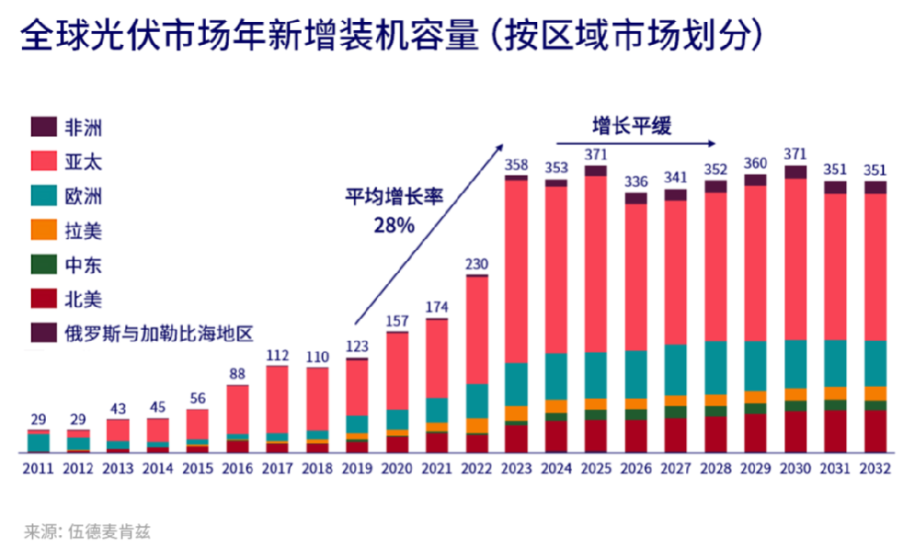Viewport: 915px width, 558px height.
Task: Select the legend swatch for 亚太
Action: click(44, 161)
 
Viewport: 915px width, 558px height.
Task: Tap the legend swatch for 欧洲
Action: click(44, 196)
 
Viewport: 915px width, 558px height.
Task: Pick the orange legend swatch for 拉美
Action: click(44, 231)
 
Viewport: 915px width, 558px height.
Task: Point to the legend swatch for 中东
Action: click(44, 265)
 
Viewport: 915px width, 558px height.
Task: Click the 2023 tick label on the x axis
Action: click(516, 469)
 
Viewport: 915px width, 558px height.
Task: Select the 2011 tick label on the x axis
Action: click(38, 469)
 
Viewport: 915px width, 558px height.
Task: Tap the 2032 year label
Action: click(876, 469)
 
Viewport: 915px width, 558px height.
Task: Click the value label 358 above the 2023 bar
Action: click(516, 164)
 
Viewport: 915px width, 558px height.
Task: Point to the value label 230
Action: click(477, 264)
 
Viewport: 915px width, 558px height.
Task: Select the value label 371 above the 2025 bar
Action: click(597, 153)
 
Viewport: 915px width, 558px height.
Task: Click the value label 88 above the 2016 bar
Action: click(237, 373)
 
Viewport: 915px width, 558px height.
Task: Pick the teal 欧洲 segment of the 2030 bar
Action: click(796, 363)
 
